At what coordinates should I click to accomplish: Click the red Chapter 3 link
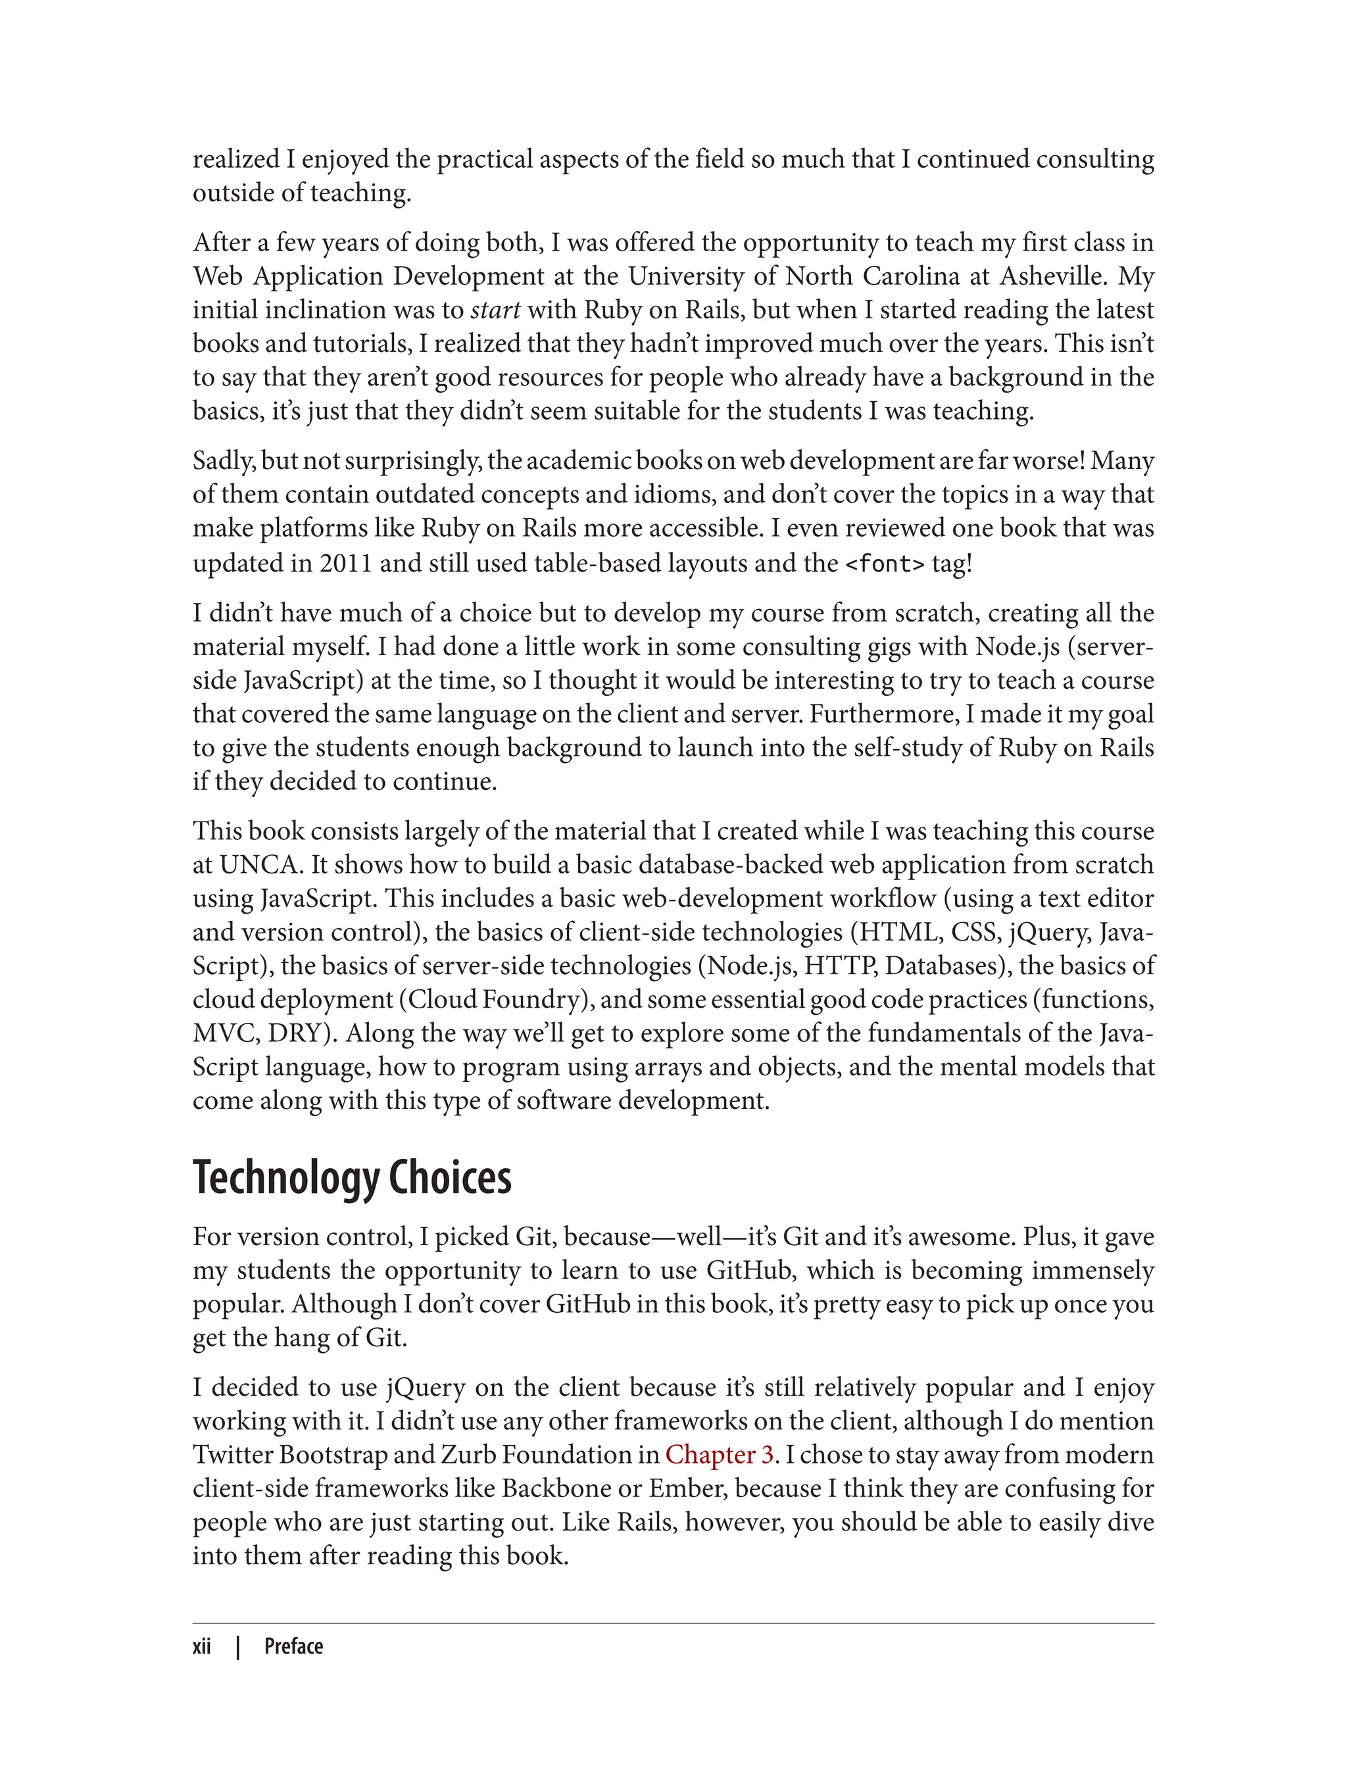(718, 1454)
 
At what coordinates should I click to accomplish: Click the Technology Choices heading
(352, 1178)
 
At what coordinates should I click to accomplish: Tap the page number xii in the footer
(202, 1646)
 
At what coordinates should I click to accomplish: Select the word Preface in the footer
(293, 1646)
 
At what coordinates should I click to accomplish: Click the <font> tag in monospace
(885, 564)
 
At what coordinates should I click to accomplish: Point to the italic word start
(495, 310)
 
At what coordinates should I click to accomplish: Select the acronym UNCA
(258, 864)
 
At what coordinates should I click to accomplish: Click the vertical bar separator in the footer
(238, 1646)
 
